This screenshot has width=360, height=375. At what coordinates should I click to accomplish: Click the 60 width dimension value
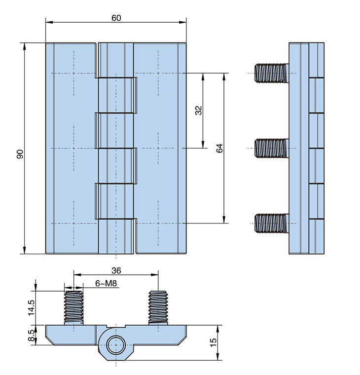[116, 18]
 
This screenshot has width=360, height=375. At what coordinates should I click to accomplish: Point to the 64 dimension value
[220, 148]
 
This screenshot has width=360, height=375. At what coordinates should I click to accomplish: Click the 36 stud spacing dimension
[116, 270]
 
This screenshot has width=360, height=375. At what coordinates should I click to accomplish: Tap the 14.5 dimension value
[31, 308]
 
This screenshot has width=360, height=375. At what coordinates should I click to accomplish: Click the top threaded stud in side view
[271, 73]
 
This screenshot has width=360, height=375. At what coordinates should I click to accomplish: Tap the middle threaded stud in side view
[271, 148]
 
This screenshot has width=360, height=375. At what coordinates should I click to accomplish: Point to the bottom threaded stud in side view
[271, 223]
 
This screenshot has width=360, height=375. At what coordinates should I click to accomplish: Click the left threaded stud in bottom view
[73, 307]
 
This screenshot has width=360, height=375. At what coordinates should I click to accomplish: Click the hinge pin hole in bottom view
[116, 343]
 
